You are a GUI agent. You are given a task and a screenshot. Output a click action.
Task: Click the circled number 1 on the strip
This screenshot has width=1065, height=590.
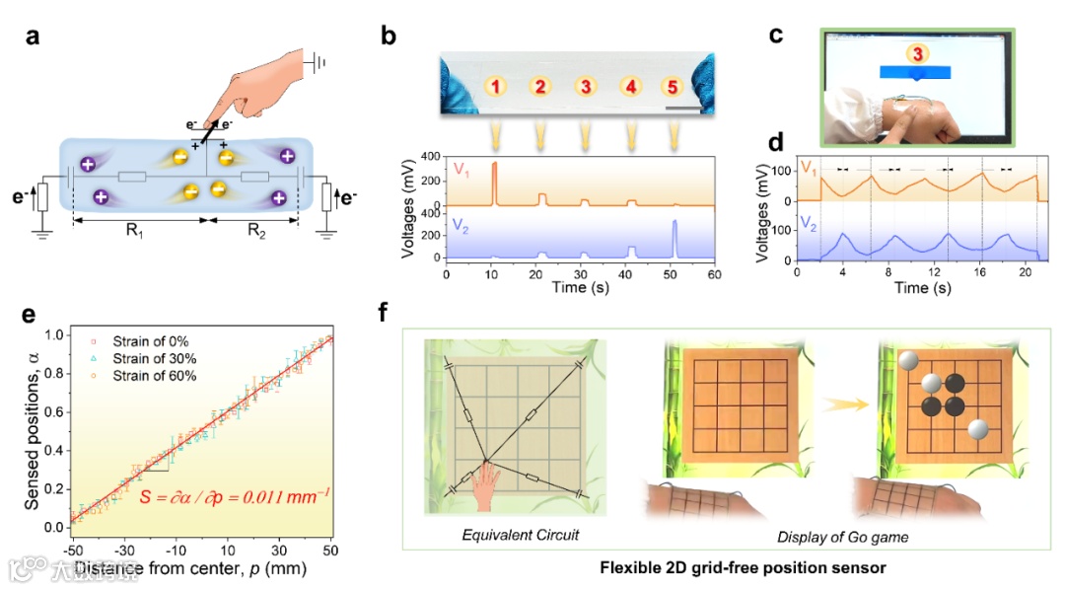point(497,87)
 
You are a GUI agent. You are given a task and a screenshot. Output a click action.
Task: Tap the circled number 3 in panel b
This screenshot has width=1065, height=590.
point(585,87)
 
